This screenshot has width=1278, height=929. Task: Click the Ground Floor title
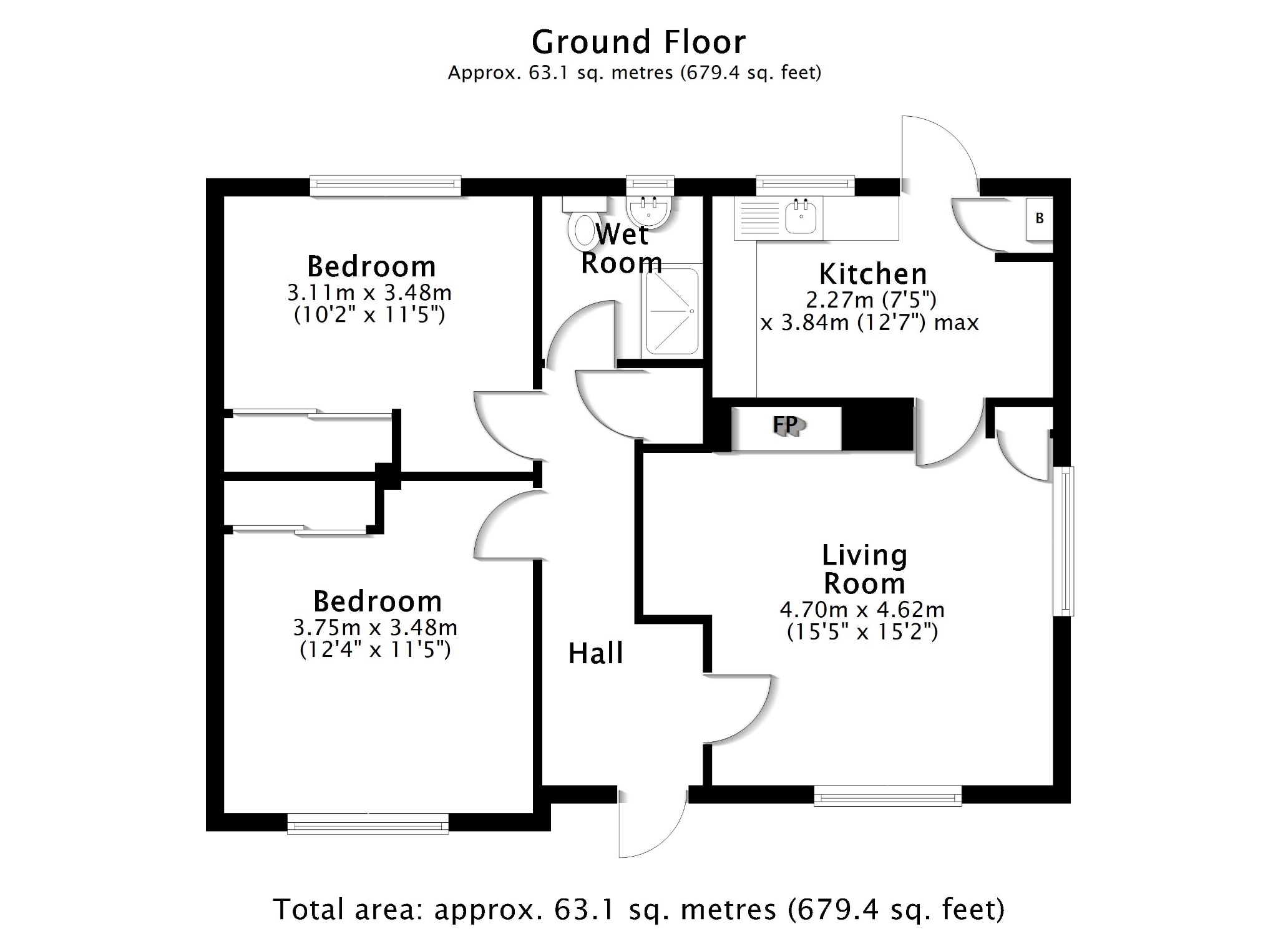coord(638,43)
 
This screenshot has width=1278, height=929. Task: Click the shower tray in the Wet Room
coord(671,311)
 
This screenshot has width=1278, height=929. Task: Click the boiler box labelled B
coord(1040,218)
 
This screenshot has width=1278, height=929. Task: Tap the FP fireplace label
coord(786,426)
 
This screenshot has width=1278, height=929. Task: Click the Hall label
coord(595,654)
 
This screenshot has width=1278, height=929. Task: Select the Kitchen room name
coord(872,274)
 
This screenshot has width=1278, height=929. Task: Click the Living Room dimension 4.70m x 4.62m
coord(862,610)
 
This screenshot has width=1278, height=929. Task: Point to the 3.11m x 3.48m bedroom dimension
coord(369,293)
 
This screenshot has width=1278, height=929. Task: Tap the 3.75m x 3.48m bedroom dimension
coord(375,628)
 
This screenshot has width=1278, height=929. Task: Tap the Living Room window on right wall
coord(1064,541)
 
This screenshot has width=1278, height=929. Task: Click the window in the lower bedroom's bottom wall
coord(368,824)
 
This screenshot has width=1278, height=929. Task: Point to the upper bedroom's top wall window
coord(385,185)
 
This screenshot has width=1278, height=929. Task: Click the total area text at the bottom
coord(638,908)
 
